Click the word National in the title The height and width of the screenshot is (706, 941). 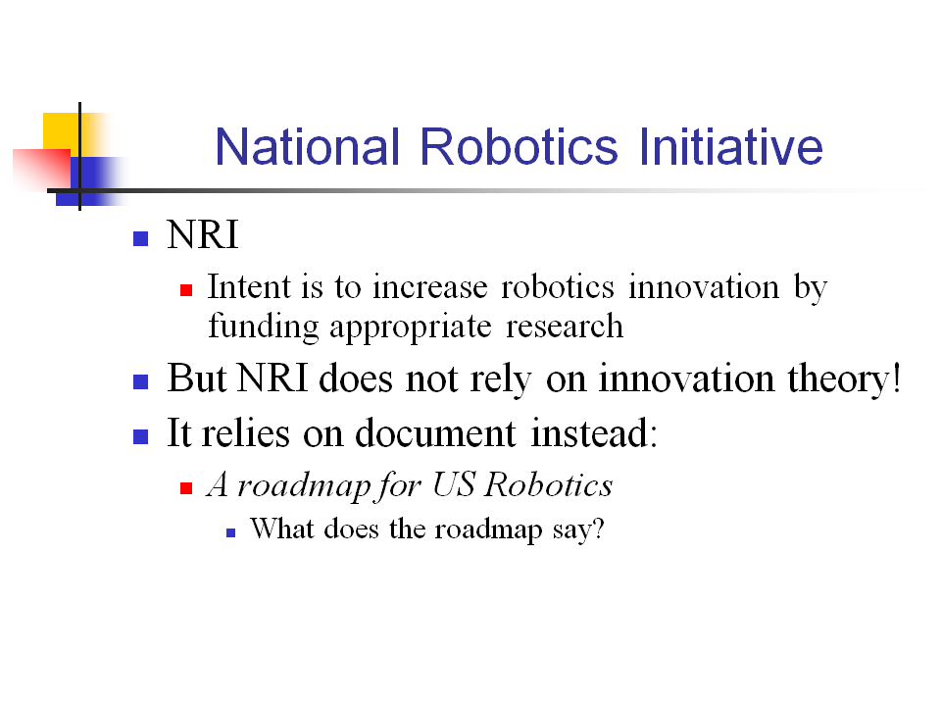coord(307,146)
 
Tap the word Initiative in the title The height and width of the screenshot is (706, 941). coord(730,146)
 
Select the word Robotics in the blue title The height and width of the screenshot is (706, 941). coord(519,146)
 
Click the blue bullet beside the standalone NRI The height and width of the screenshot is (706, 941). coord(140,239)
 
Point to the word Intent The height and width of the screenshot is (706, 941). coord(248,286)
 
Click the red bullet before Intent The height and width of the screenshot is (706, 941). coord(186,290)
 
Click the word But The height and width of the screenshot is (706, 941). coord(197,378)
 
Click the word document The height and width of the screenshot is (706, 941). coord(435,432)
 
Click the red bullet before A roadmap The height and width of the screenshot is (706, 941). coord(186,488)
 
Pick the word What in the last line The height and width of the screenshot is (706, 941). coord(282,529)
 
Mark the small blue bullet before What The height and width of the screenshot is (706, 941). coord(231,533)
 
